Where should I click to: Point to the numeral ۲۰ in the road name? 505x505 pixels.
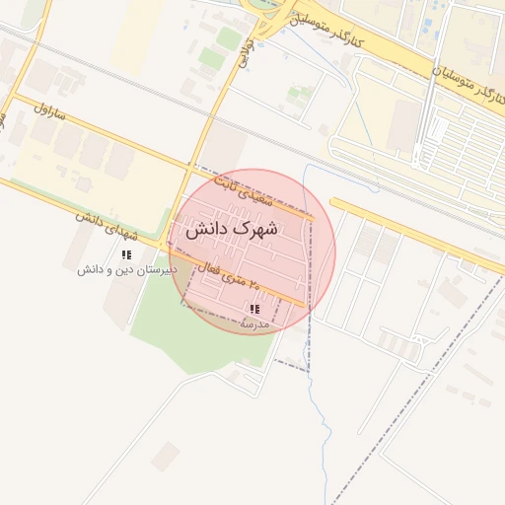[x=254, y=283]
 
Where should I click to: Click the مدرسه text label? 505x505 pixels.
[x=253, y=323]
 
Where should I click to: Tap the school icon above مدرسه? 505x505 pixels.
[x=254, y=310]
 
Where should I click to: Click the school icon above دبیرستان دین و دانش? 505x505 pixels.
[x=126, y=255]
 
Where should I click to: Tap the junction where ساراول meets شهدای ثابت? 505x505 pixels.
[x=190, y=166]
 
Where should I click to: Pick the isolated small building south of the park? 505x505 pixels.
[x=166, y=456]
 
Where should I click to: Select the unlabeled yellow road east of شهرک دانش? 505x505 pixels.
[x=414, y=233]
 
